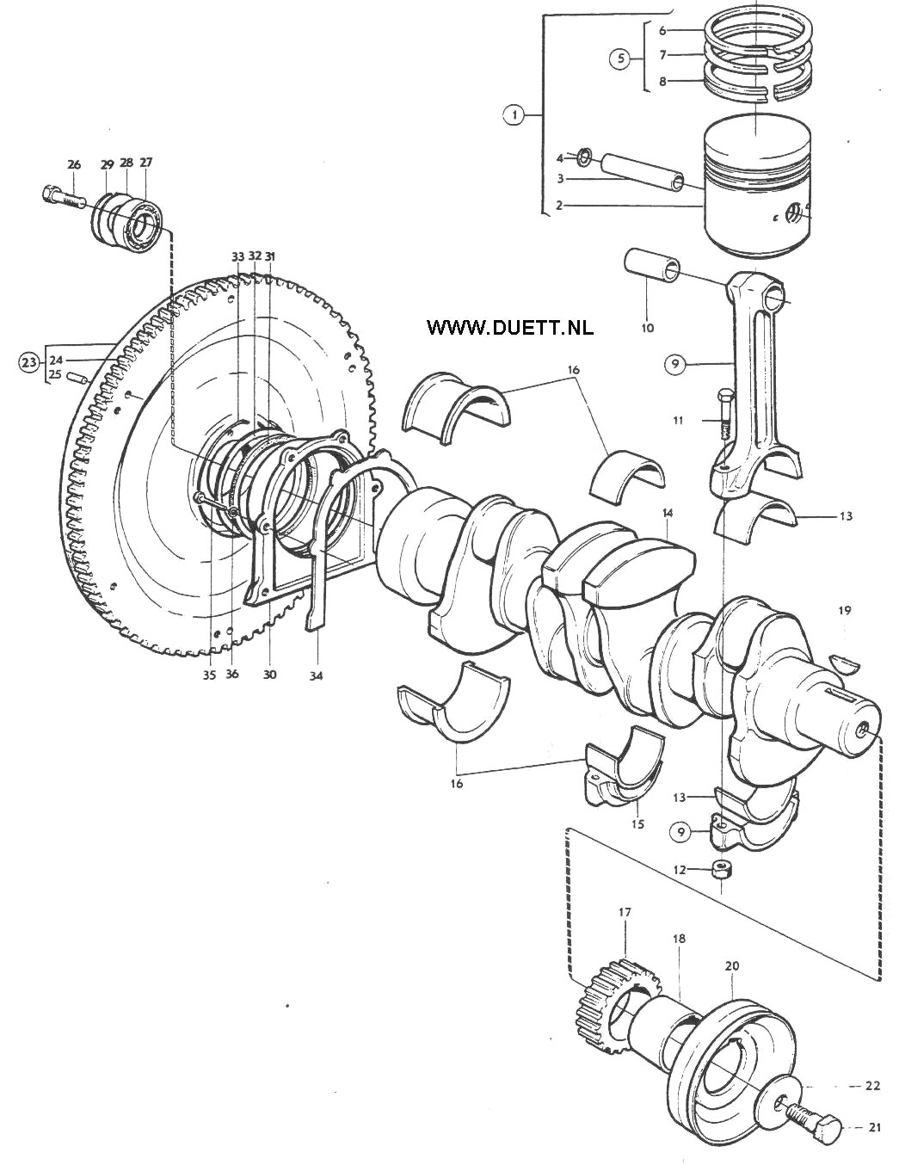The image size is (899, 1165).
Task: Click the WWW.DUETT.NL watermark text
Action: (510, 327)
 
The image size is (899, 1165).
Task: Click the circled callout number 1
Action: (514, 115)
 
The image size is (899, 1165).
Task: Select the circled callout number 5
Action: (621, 58)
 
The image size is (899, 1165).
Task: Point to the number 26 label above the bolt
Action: (74, 164)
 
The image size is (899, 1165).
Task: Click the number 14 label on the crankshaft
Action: (668, 513)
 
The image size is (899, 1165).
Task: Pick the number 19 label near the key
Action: (845, 609)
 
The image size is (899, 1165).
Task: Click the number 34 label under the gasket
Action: (317, 675)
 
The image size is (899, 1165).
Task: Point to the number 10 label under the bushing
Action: (648, 327)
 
